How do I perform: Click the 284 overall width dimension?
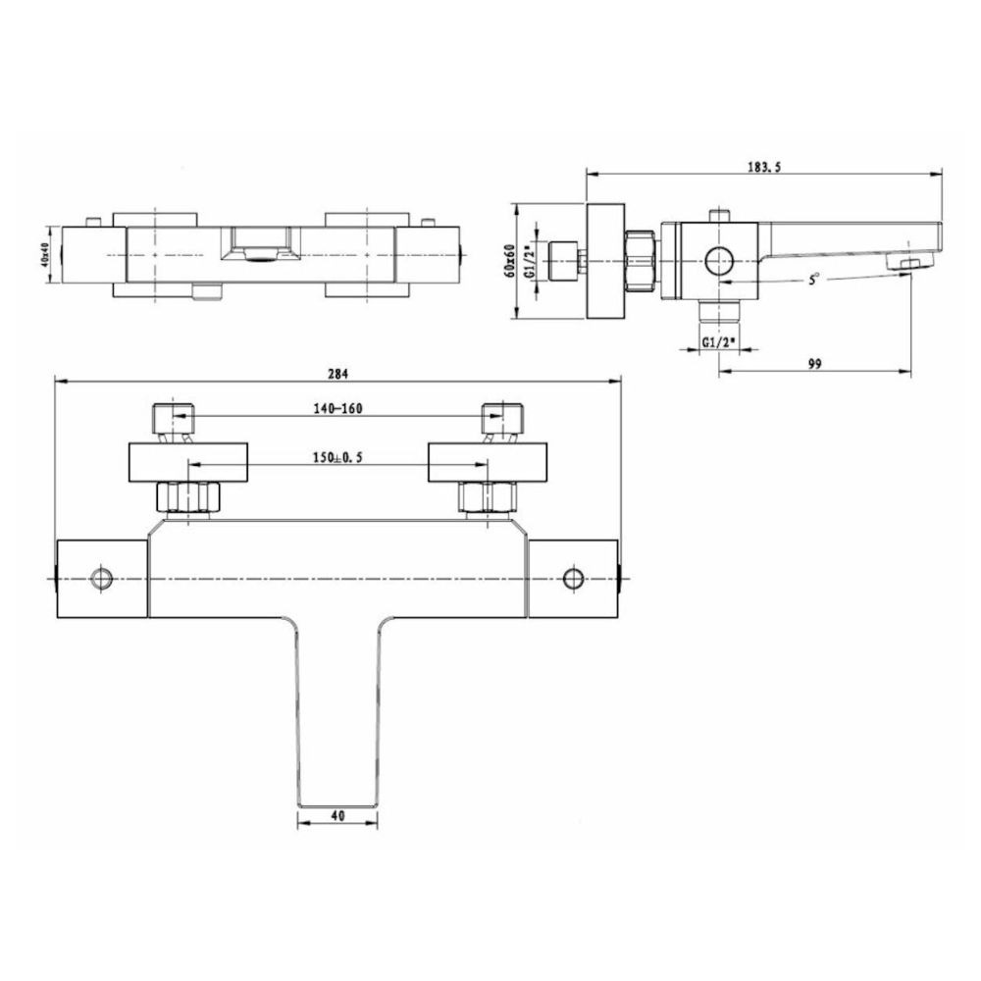(337, 374)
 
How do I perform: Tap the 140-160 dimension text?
(337, 408)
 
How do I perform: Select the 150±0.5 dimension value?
(337, 457)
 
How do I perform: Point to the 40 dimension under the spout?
(337, 816)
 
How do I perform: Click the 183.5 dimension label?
(764, 167)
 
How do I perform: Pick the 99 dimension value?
(814, 364)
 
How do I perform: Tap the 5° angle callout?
(812, 280)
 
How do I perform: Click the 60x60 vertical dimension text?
(510, 261)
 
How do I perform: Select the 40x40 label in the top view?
(44, 256)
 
